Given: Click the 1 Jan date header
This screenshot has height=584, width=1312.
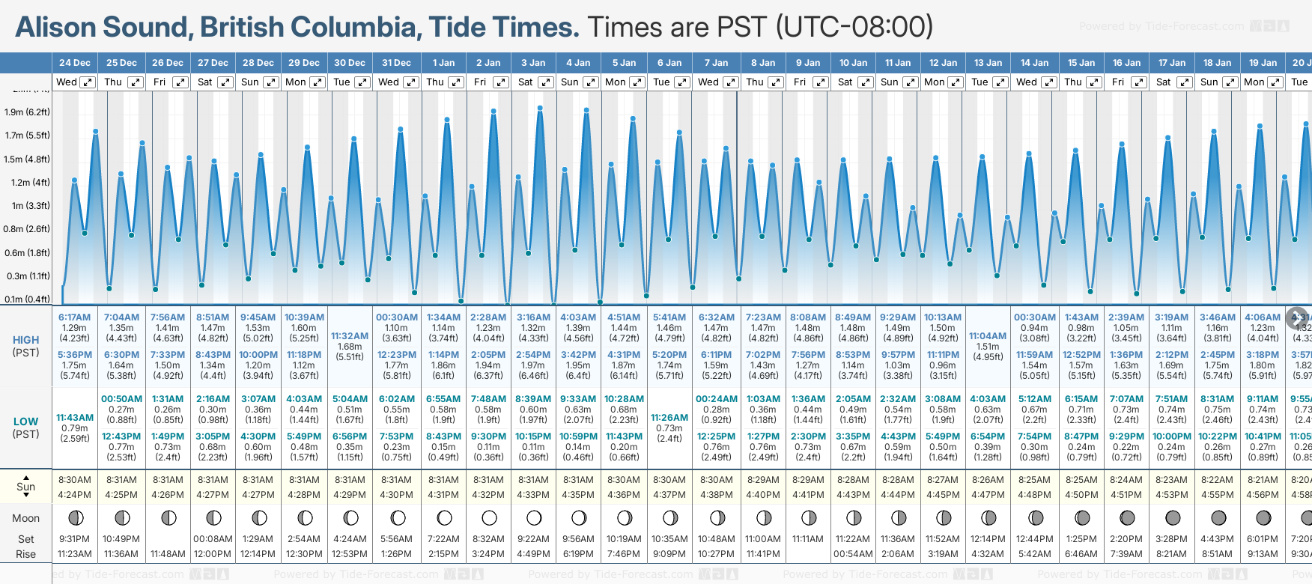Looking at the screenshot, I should coord(443,63).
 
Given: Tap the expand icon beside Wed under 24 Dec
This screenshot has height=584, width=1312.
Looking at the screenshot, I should coord(88,82).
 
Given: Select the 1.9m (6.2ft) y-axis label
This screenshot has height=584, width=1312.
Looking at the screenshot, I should coord(27,112).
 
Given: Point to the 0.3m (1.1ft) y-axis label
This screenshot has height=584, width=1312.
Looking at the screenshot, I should coord(27,276).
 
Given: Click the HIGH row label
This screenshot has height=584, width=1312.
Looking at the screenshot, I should coord(25,340).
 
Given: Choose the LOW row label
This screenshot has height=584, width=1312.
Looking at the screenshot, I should coord(25,422).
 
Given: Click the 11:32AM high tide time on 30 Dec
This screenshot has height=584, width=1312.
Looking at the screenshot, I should coord(350,336).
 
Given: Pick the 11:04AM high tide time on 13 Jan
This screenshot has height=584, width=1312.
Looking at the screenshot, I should coord(988,336).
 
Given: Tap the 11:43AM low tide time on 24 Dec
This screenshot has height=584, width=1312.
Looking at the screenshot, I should coord(75,418).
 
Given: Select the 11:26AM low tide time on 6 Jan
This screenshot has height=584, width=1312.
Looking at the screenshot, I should coord(669,418).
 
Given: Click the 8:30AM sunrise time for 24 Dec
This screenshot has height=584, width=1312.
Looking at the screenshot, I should coord(75,480).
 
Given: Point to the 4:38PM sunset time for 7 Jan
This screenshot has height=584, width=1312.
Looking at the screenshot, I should coord(716,495).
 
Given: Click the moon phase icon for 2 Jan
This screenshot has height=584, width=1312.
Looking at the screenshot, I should coord(489,517).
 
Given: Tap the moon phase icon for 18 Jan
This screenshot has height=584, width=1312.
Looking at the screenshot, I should coord(1218,517).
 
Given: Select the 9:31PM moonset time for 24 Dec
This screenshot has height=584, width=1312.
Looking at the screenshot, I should coord(75,539).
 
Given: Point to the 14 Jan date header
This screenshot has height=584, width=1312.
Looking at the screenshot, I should coord(1035,63).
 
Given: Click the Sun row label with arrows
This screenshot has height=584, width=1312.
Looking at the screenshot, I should coord(25,487).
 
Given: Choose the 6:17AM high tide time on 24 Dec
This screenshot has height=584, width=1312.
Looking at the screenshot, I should coord(75,317).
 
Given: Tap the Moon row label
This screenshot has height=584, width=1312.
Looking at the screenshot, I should coord(25,518).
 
